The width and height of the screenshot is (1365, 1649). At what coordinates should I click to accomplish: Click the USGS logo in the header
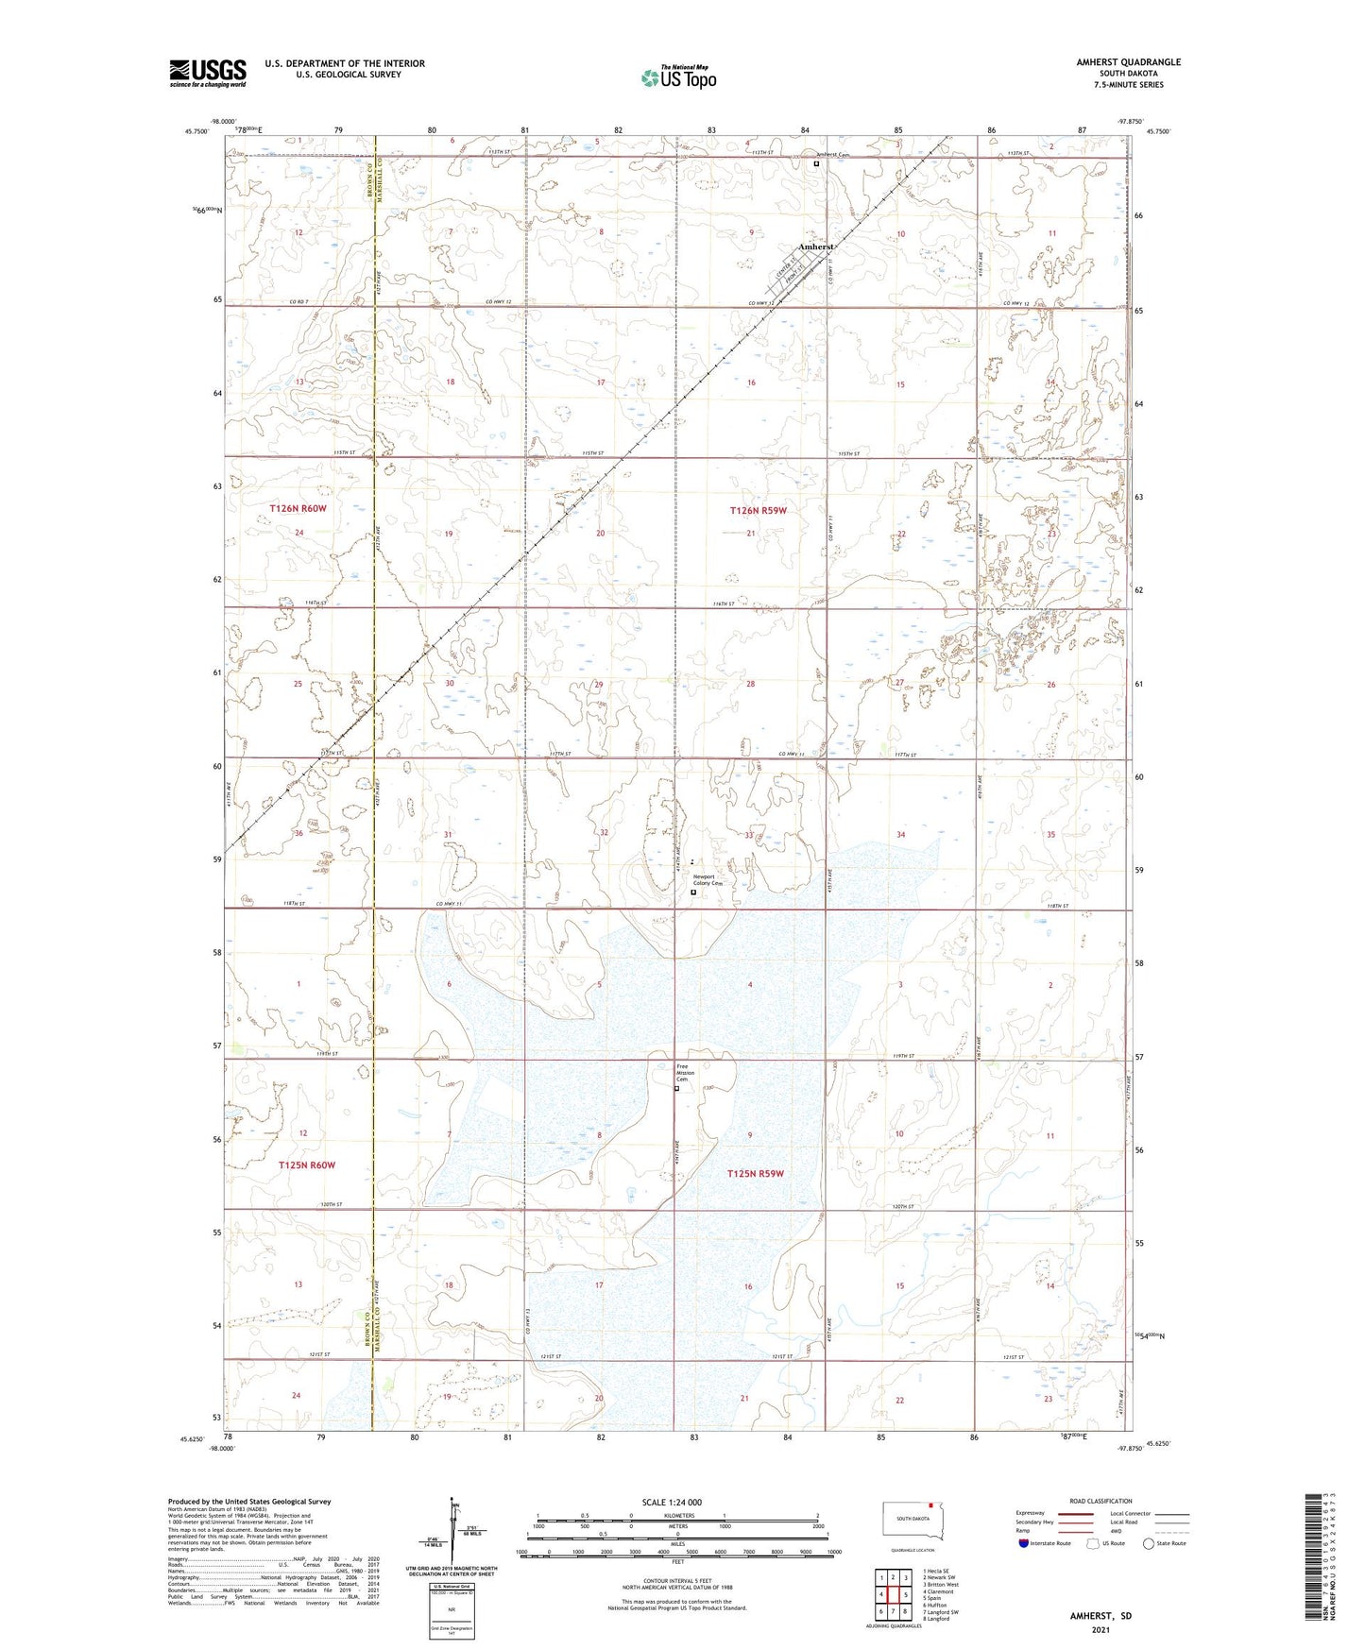(207, 73)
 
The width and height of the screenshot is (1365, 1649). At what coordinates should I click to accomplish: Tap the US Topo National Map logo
(677, 77)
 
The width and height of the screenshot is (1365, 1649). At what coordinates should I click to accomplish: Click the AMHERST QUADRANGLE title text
(1128, 62)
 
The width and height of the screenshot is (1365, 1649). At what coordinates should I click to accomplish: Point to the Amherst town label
(815, 246)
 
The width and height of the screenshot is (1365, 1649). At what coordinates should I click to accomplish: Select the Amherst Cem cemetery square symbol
(816, 163)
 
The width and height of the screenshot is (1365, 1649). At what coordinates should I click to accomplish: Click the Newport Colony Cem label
(708, 880)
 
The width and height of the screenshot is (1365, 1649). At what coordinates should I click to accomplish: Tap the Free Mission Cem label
(685, 1073)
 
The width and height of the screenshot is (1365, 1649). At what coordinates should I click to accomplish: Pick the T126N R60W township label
(298, 508)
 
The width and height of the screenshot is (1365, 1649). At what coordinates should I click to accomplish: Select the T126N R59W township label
(758, 510)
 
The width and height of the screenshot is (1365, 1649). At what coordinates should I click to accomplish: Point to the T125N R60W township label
(306, 1165)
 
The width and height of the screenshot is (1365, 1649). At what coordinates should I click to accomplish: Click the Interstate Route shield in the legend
(1024, 1543)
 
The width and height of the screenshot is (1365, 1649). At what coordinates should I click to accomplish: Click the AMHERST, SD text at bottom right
(1101, 1616)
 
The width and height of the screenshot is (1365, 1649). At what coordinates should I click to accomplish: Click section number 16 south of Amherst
(751, 382)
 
